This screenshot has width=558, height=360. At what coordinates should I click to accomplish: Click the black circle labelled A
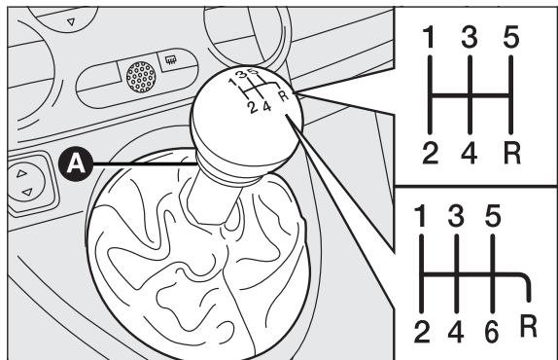[x=76, y=164]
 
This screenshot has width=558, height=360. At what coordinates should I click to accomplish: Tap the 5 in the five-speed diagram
[x=511, y=37]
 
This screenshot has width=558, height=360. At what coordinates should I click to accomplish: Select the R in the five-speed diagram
[x=512, y=153]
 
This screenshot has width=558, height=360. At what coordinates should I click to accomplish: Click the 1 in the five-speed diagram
[x=430, y=37]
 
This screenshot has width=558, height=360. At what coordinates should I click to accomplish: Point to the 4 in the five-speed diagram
[x=470, y=153]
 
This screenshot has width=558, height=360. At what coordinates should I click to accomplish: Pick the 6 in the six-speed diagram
[x=492, y=332]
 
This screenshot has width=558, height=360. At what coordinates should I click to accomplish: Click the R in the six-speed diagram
[x=529, y=326]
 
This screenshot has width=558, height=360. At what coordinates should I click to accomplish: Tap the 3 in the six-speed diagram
[x=456, y=216]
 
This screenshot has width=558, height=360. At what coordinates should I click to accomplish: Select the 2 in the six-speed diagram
[x=422, y=332]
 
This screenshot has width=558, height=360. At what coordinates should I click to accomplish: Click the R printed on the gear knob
[x=284, y=95]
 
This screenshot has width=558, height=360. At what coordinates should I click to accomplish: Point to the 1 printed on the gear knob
[x=232, y=84]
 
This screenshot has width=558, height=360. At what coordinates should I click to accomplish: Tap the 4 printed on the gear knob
[x=267, y=106]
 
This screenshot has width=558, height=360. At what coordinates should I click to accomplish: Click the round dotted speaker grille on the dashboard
[x=141, y=77]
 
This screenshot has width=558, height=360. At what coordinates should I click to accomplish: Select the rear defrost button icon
[x=171, y=60]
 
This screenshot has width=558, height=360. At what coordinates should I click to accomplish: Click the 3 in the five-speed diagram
[x=470, y=37]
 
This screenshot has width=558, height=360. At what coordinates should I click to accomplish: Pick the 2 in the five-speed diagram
[x=431, y=153]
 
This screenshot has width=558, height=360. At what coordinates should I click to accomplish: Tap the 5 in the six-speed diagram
[x=493, y=216]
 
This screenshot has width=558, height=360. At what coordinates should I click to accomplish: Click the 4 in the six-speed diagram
[x=456, y=332]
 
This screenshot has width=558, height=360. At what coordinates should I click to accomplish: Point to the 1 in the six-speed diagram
[x=420, y=216]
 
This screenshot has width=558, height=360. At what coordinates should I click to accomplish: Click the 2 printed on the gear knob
[x=253, y=108]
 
